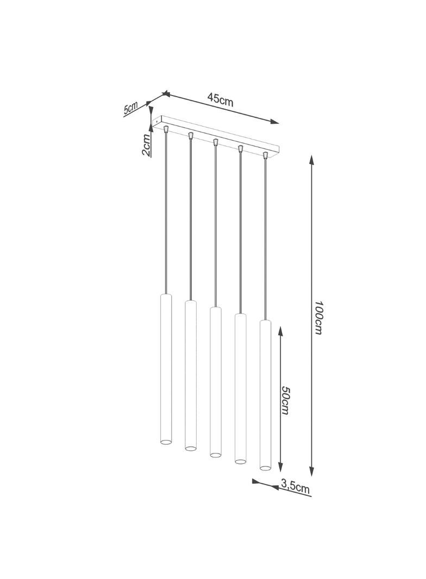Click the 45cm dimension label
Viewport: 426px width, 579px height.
pos(220,99)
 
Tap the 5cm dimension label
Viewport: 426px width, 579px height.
pos(130,108)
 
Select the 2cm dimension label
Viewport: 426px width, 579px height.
pos(146,145)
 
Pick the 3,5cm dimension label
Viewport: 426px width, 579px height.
pos(296,487)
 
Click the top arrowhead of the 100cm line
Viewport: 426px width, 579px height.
pos(311,159)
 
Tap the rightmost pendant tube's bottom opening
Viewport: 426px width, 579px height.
pos(265,467)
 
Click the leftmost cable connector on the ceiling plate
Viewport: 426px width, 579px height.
pos(166,129)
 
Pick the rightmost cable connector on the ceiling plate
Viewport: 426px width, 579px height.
pos(266,155)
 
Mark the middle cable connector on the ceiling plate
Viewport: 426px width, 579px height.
pos(216,142)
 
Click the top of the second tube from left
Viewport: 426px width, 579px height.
pos(190,301)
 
